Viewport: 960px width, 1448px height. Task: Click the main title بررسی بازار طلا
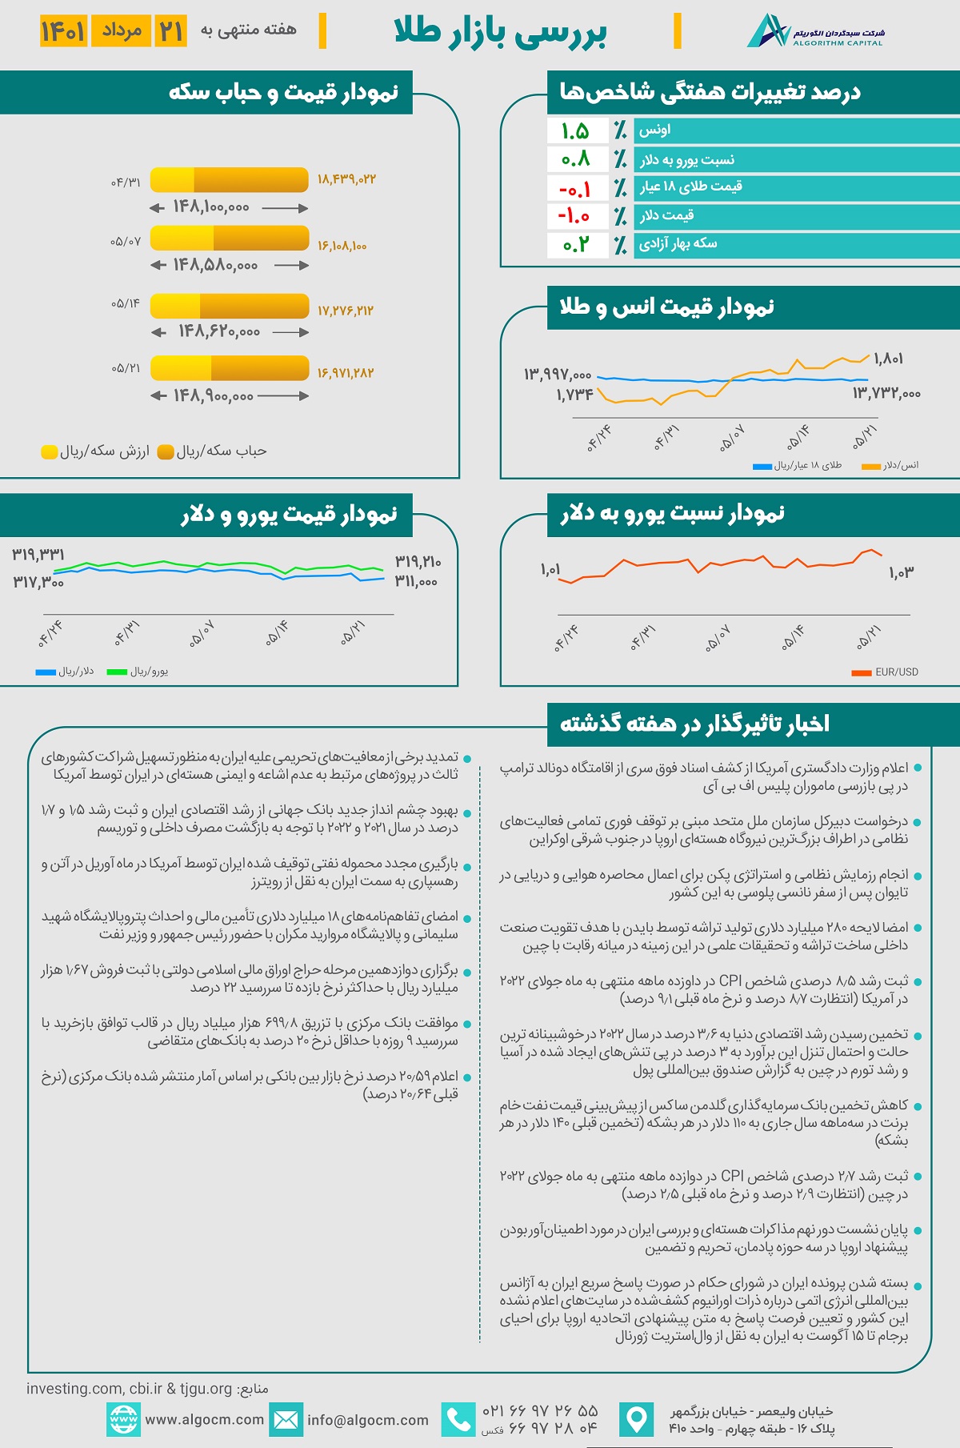tap(501, 33)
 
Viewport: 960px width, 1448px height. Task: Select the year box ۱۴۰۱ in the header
tap(63, 31)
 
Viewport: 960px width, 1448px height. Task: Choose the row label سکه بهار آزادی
tap(678, 243)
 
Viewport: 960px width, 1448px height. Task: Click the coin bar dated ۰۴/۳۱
tap(229, 179)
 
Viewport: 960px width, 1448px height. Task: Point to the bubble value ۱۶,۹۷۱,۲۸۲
tap(346, 373)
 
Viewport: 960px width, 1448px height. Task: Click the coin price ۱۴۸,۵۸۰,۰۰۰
tap(215, 265)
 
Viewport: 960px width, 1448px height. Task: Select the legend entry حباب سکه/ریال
tap(213, 451)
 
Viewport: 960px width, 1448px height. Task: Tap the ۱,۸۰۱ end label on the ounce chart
tap(888, 359)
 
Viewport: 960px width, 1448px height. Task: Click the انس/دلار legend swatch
tap(870, 466)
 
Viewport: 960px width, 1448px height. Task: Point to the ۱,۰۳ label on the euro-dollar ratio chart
tap(901, 572)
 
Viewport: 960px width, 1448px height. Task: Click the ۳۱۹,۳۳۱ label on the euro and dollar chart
tap(38, 555)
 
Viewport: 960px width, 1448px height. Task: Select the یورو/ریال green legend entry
tap(138, 672)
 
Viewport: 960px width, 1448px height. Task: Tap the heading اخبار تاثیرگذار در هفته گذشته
tap(694, 724)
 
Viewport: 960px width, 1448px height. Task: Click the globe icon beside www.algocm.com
tap(123, 1420)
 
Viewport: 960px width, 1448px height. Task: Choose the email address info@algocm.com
tap(368, 1420)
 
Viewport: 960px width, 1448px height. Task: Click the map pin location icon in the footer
tap(637, 1420)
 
